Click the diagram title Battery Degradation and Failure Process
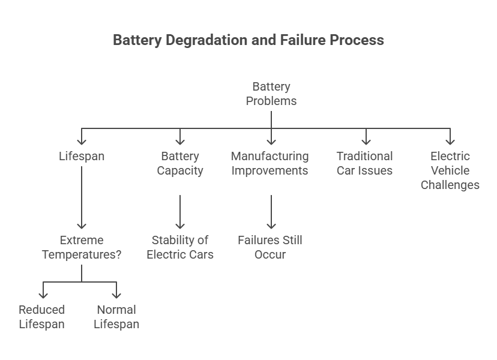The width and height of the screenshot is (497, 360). point(248,40)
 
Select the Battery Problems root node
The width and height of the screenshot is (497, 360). point(271,94)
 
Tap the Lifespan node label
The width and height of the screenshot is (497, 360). point(82,156)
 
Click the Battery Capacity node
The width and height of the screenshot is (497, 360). point(180,163)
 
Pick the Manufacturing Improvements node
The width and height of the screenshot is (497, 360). point(270,163)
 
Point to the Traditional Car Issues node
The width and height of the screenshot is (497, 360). point(364,163)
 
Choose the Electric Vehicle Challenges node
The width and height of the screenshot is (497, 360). point(450,170)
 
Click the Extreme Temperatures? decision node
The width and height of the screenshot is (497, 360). point(82,247)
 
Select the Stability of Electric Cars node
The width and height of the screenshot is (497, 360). point(180,247)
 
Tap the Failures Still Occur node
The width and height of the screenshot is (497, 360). point(270,247)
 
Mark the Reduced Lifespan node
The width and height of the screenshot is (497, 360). point(42,317)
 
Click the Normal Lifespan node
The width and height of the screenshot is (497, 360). point(116,317)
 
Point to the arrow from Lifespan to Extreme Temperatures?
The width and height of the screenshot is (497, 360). point(82,198)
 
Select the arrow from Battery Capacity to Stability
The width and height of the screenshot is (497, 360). point(180,211)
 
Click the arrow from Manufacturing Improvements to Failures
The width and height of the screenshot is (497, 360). point(271,211)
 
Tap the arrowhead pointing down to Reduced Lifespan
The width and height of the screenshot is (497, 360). point(43,295)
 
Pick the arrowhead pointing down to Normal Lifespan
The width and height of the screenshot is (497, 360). point(116,295)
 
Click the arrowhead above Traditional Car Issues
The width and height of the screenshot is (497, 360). point(366,141)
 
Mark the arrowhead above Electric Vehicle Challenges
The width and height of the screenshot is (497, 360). point(450,141)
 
